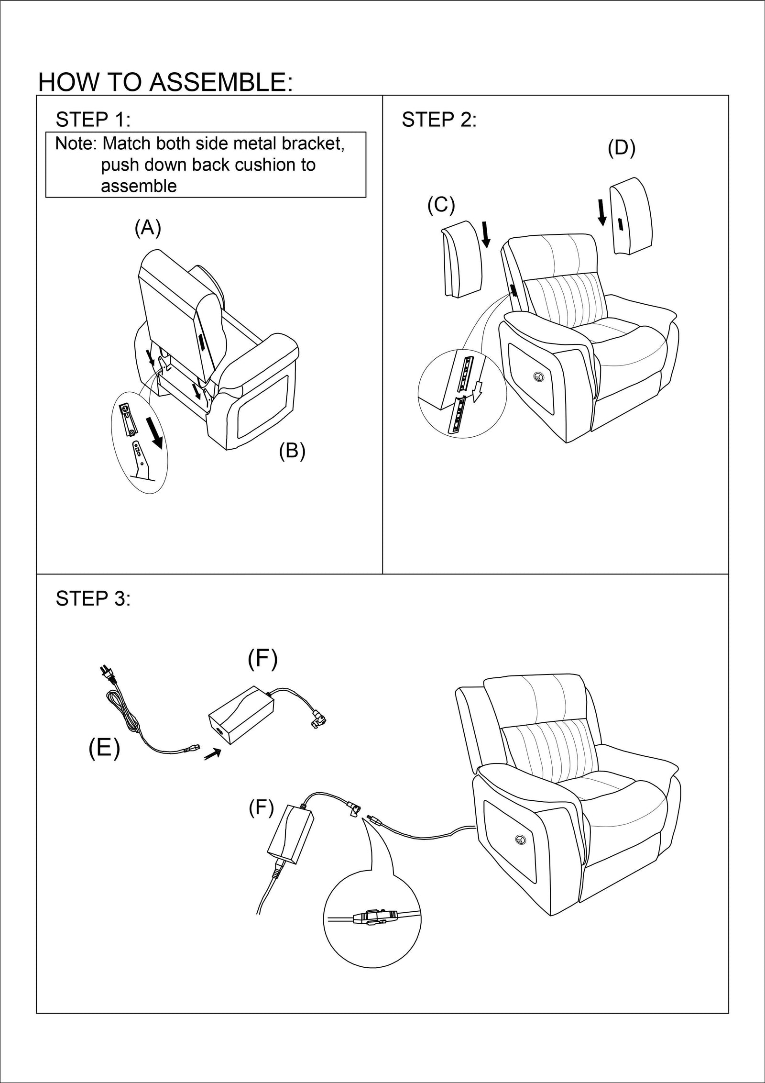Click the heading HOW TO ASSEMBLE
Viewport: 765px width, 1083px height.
pos(165,82)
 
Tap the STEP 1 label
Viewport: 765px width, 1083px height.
pos(93,120)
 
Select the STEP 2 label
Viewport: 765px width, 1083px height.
pos(439,120)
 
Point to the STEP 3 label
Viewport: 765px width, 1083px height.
pos(93,598)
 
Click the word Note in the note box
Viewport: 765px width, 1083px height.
pos(75,144)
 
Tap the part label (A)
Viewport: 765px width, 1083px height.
pos(148,228)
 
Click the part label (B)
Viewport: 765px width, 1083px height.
pos(292,451)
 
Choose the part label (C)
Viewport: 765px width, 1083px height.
pos(441,205)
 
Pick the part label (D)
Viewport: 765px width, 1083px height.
pos(621,148)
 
